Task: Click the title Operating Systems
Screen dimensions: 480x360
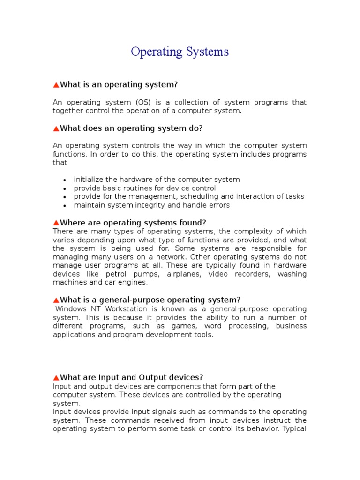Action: pyautogui.click(x=180, y=52)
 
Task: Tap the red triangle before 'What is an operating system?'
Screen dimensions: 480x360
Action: pyautogui.click(x=56, y=85)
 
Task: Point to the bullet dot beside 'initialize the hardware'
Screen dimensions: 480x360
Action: pyautogui.click(x=64, y=180)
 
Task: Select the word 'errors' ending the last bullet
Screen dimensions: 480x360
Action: pyautogui.click(x=218, y=205)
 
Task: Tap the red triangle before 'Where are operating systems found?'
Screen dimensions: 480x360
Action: pyautogui.click(x=56, y=223)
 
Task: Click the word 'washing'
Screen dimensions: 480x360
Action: pyautogui.click(x=292, y=274)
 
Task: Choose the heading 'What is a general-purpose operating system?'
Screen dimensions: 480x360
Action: pyautogui.click(x=150, y=300)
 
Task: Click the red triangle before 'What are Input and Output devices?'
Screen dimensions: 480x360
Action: pyautogui.click(x=56, y=377)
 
